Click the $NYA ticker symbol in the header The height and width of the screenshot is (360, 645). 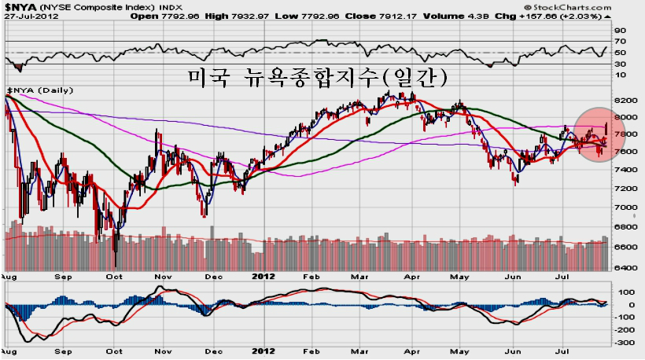click(20, 7)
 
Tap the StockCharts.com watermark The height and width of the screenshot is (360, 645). click(568, 7)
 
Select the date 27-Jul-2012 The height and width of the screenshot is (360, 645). click(31, 17)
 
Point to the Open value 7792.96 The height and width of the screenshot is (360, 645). click(179, 16)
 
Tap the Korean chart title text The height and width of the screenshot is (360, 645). click(318, 77)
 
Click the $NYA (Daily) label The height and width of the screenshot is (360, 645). click(40, 90)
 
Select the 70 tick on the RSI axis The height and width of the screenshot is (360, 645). click(620, 41)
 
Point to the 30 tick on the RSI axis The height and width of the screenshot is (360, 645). click(620, 64)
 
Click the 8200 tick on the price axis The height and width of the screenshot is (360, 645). click(625, 101)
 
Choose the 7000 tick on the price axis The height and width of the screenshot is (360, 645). click(625, 208)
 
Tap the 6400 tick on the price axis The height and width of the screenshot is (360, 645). click(625, 267)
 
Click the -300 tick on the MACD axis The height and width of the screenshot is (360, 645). click(625, 343)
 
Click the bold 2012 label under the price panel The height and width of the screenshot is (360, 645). click(264, 276)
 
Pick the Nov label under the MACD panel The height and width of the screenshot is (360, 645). click(163, 351)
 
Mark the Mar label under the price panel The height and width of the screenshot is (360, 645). click(359, 277)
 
